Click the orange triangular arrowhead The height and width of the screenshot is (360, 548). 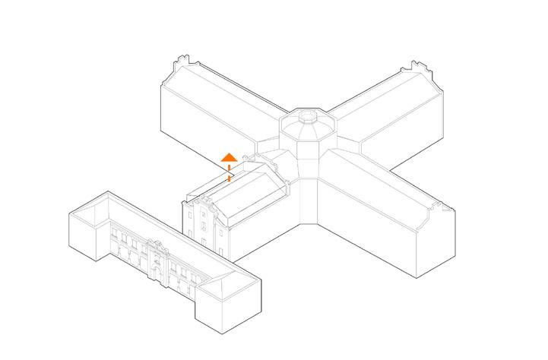click(229, 157)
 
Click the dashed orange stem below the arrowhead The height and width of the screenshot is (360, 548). click(229, 172)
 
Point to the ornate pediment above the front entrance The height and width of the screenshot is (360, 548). click(158, 247)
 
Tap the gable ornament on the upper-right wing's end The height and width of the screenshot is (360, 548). click(416, 66)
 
